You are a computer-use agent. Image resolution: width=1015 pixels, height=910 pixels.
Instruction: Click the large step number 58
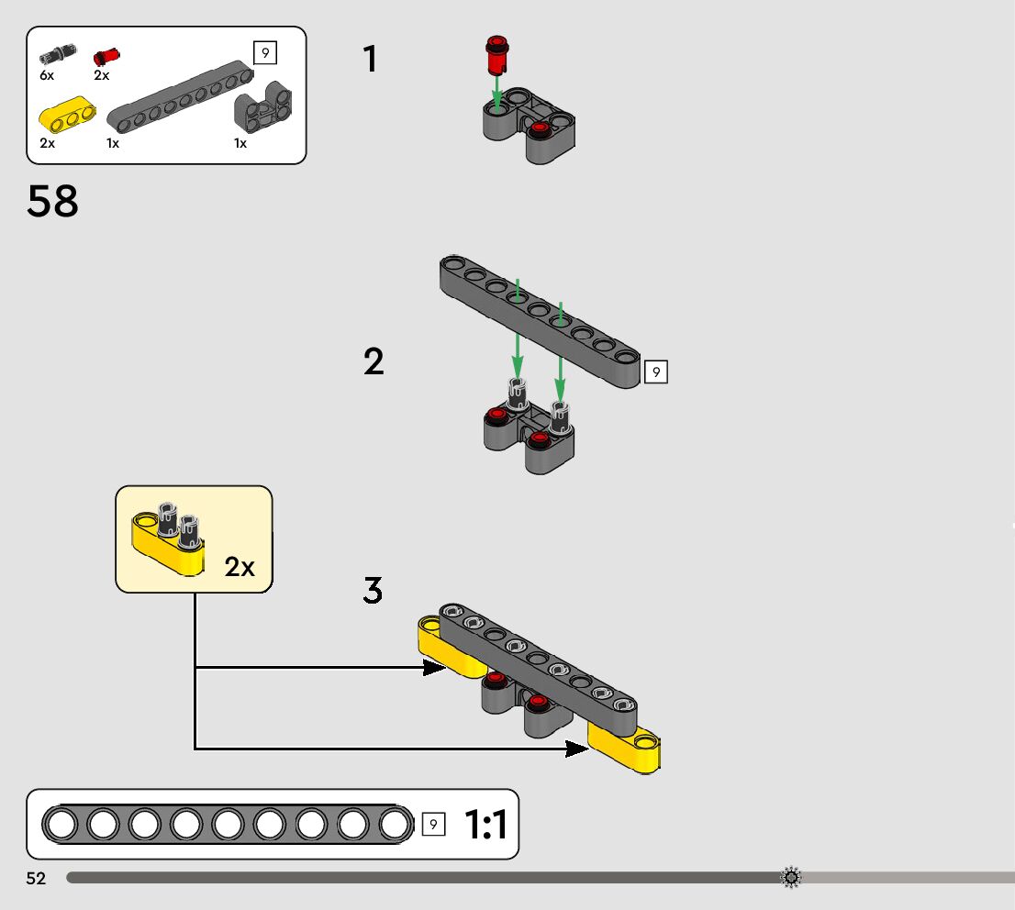tap(52, 201)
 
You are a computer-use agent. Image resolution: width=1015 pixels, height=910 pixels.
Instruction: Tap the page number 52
tap(36, 878)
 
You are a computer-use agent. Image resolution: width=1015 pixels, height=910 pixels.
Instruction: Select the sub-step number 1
tap(370, 60)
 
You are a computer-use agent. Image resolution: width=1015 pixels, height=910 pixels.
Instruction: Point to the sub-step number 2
tap(374, 361)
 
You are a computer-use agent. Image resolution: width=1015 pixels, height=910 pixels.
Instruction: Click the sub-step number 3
tap(373, 590)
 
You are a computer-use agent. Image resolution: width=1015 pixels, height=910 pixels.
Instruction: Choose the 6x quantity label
tap(47, 75)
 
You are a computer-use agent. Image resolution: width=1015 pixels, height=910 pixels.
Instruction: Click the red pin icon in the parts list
tap(106, 57)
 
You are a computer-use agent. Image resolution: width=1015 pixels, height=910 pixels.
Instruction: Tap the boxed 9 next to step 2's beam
tap(655, 372)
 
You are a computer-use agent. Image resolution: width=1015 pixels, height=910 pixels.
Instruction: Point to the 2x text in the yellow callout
tap(240, 567)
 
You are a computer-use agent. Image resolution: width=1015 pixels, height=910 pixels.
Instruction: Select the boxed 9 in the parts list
tap(264, 53)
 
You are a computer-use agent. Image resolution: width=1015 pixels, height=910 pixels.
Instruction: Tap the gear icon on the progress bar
tap(791, 878)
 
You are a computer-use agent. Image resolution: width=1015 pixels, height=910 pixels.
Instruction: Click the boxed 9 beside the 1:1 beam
tap(434, 824)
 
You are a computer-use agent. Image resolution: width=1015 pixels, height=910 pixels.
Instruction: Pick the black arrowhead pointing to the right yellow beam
tap(576, 749)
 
